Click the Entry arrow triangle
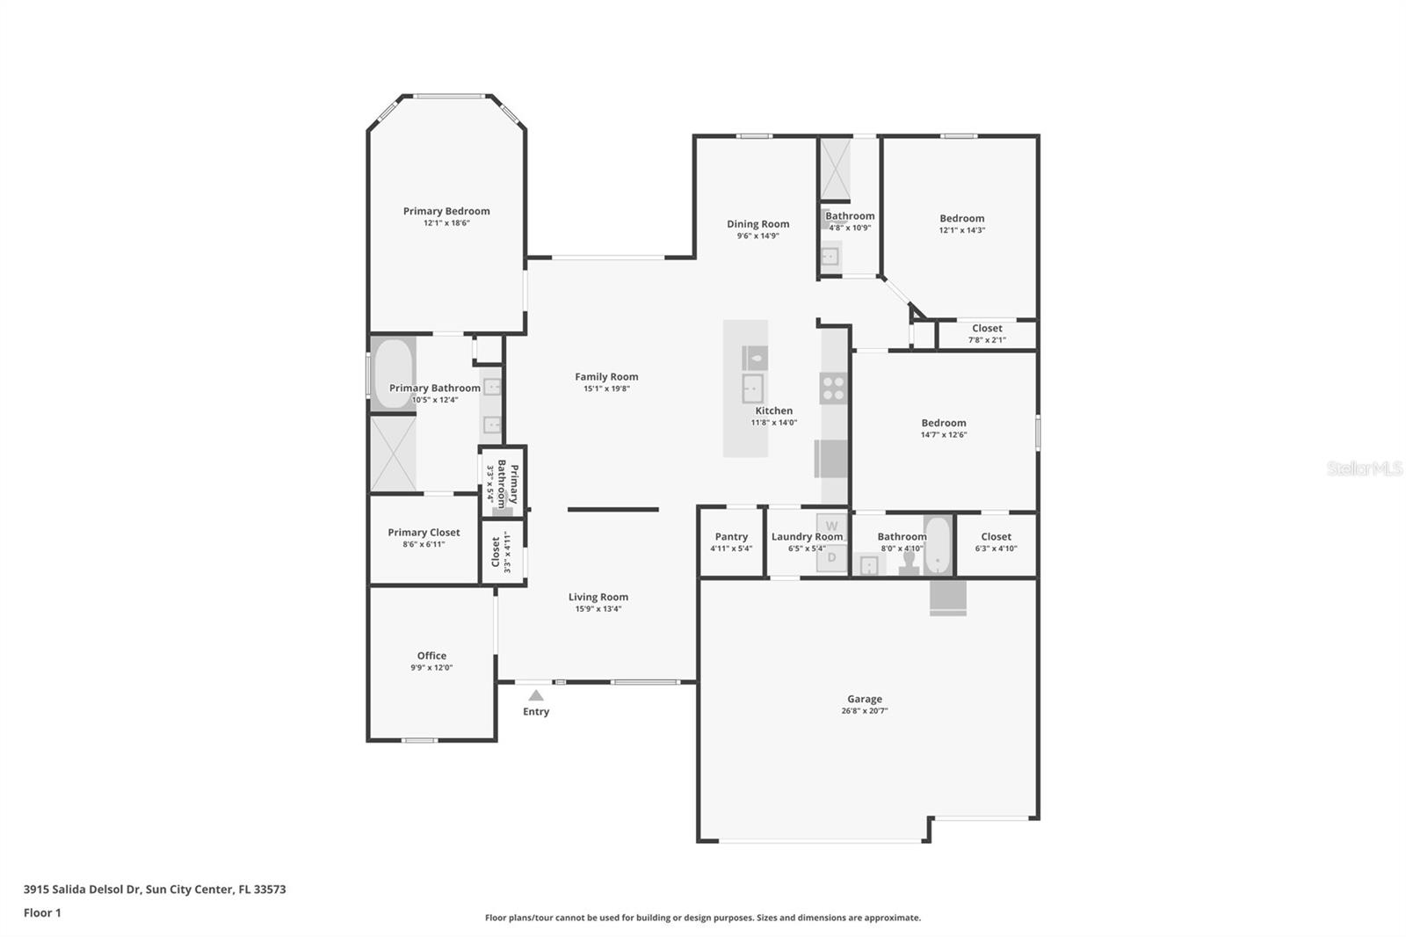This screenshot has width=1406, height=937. coord(535,695)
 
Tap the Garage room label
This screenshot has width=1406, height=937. coord(865,699)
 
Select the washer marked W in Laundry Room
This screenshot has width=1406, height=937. coord(831,526)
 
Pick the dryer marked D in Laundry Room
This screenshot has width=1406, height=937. coord(831,557)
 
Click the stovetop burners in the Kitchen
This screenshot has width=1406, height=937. coord(833,389)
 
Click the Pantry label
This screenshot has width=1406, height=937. coord(731,536)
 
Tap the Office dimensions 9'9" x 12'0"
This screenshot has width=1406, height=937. coord(431,667)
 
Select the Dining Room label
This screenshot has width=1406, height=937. coord(757,223)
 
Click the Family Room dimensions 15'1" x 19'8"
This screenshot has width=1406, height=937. coord(606,389)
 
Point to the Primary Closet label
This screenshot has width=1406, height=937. coord(424,533)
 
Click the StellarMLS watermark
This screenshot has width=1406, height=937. coord(1364,468)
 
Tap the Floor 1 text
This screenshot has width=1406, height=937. coord(42,912)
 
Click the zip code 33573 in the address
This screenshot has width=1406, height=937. coord(270,890)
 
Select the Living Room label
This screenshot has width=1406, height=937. coord(598,597)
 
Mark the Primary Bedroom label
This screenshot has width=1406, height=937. coord(446,212)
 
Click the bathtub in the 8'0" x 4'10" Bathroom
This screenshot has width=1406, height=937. coord(938,544)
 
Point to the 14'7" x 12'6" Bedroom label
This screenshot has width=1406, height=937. coord(944,424)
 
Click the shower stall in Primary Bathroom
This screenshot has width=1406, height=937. coord(393,454)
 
